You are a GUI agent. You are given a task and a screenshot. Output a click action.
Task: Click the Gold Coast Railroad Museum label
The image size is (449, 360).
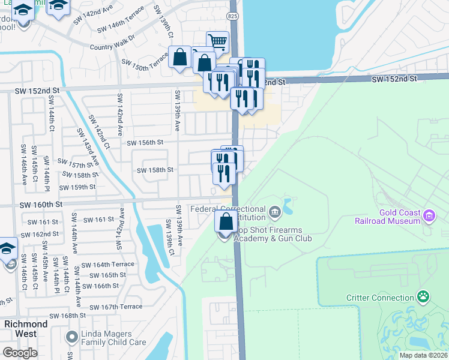[x=399, y=217]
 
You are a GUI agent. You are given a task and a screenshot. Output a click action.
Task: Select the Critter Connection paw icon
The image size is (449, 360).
[x=424, y=297]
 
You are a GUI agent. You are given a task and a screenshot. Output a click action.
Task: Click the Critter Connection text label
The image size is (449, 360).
[x=380, y=298]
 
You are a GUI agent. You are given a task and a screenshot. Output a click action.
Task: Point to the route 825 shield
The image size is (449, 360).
[x=234, y=14]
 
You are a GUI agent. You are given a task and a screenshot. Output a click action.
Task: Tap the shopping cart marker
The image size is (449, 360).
[x=218, y=42]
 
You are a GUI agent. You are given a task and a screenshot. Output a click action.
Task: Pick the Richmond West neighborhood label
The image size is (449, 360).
[x=26, y=328]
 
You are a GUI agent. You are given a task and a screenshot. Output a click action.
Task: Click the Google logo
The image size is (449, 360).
[x=19, y=353]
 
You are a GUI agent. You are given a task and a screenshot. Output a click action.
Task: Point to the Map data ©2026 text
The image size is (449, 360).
[x=423, y=355]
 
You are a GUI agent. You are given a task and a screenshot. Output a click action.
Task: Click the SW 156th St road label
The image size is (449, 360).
[x=145, y=142]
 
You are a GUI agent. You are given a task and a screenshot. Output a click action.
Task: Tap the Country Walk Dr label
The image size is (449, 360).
[x=113, y=47]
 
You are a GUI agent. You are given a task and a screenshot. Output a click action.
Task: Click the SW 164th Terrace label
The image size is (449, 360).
[x=108, y=265]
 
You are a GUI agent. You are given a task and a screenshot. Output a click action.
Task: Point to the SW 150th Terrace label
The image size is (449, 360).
[x=145, y=64]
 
